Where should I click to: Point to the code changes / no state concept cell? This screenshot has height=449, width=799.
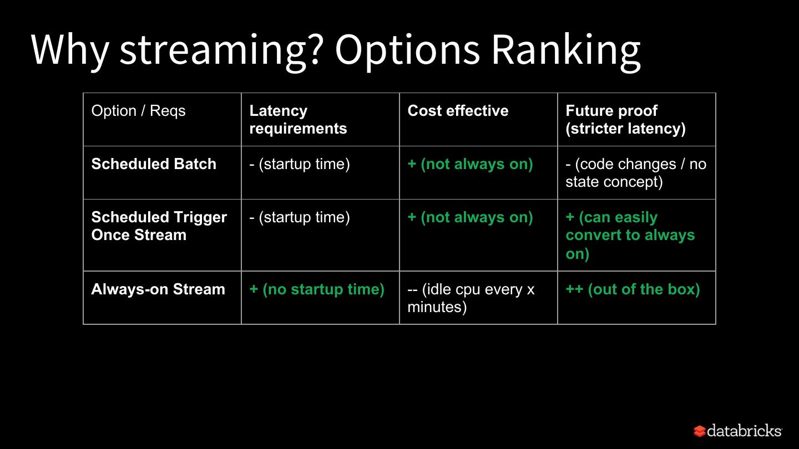click(636, 173)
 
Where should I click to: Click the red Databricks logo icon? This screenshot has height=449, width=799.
click(700, 431)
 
